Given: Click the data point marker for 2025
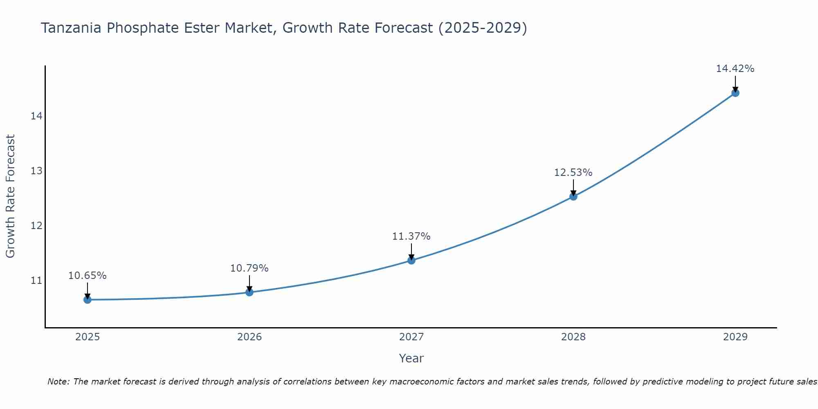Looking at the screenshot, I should (88, 300).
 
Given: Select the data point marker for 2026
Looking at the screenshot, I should (249, 292).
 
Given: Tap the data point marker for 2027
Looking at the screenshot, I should (411, 260).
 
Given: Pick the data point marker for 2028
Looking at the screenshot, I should (573, 196).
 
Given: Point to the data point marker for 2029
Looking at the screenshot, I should (735, 93).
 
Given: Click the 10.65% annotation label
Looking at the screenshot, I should (87, 276).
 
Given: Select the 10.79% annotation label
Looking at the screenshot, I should (249, 268).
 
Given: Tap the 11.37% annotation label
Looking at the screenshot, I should (411, 236).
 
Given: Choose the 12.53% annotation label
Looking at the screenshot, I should (573, 173).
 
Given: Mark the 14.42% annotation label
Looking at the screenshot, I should (735, 69).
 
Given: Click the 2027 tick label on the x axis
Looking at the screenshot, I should (411, 337).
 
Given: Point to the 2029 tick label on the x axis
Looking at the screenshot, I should (735, 337).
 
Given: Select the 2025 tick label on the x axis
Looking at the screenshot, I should (88, 337).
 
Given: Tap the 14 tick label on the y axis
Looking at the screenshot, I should (36, 116).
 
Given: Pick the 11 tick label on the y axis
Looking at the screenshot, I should (36, 281).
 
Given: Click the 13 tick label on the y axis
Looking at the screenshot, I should (36, 171).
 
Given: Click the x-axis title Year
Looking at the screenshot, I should (411, 358).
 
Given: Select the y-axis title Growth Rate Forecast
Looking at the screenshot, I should (10, 196).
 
